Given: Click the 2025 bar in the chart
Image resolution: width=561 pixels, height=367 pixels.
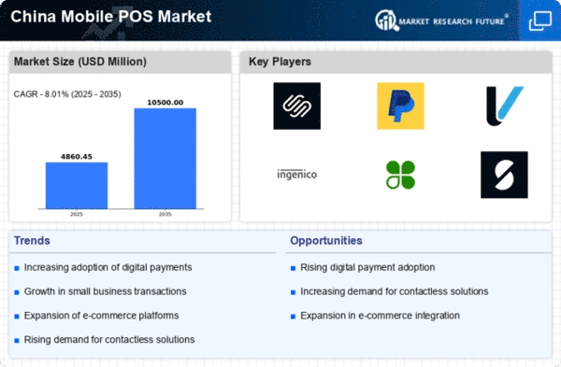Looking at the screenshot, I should point(77,187).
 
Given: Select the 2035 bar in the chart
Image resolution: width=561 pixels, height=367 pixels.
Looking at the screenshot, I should point(165,160).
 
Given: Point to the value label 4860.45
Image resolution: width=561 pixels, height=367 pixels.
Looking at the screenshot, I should point(77,156).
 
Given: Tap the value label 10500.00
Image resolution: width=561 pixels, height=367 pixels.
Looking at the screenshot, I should point(165,102).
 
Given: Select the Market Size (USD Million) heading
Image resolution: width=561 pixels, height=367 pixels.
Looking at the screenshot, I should point(79,63).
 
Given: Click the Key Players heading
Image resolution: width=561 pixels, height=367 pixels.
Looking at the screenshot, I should point(280,63).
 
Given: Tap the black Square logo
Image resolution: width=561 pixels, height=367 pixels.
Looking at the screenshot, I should point(296,106).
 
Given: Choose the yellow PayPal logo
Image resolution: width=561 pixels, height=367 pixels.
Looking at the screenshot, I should point(400,106).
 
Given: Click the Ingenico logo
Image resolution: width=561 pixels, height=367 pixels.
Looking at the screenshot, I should point(296,174).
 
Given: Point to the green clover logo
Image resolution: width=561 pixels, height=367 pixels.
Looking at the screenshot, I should point(400,174).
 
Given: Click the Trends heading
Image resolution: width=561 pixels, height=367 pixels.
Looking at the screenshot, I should point(34,241).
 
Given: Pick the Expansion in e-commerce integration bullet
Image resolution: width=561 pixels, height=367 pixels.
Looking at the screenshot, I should point(380,315).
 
